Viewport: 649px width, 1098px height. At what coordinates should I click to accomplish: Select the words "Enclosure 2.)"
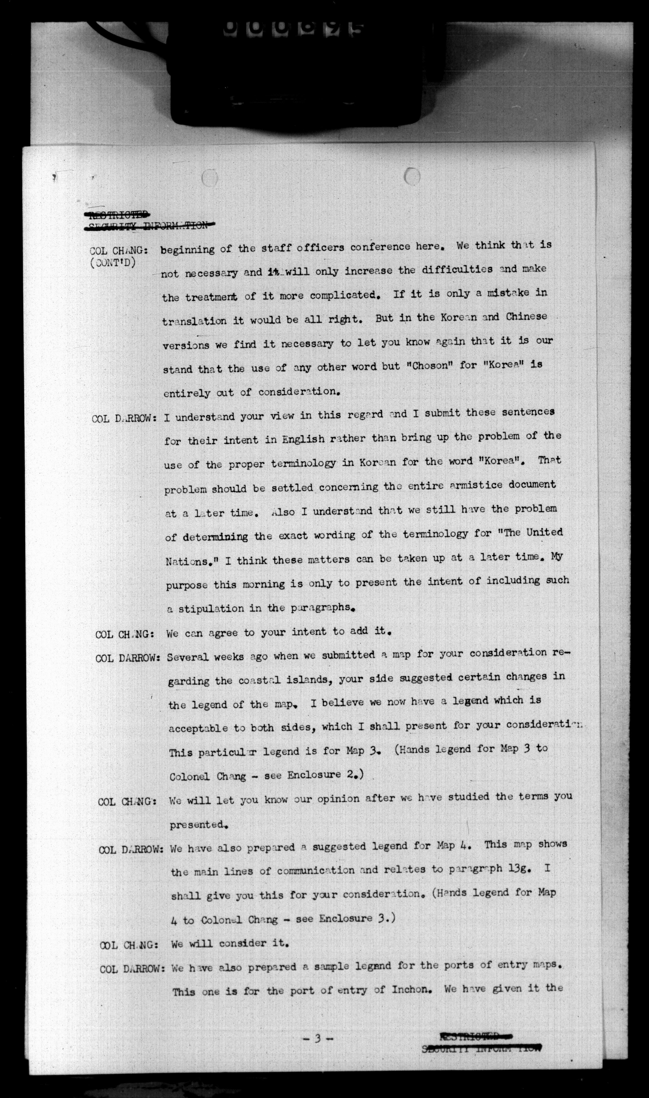point(325,775)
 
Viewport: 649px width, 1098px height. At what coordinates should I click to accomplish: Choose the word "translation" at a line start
point(194,321)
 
